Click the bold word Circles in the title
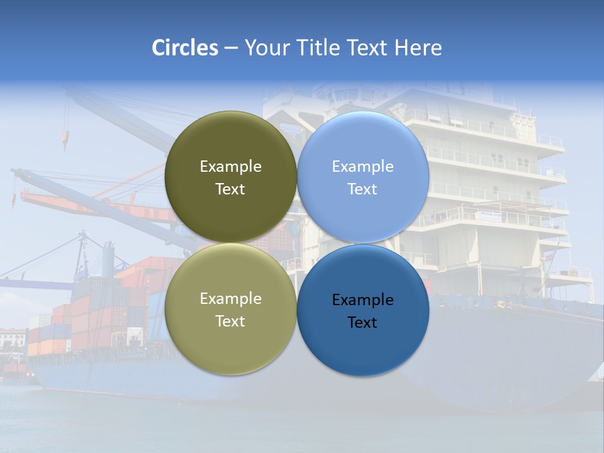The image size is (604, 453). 184,48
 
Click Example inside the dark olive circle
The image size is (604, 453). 230,167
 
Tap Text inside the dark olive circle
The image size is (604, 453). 230,189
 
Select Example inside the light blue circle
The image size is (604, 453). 362,167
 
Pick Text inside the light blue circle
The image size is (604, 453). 362,189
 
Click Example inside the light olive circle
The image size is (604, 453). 230,299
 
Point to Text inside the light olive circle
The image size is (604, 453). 230,322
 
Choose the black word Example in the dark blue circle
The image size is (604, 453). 362,300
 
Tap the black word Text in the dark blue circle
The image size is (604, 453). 362,323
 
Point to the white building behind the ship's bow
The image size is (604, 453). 13,340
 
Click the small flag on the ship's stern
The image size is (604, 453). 547,256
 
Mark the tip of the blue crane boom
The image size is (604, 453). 14,171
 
